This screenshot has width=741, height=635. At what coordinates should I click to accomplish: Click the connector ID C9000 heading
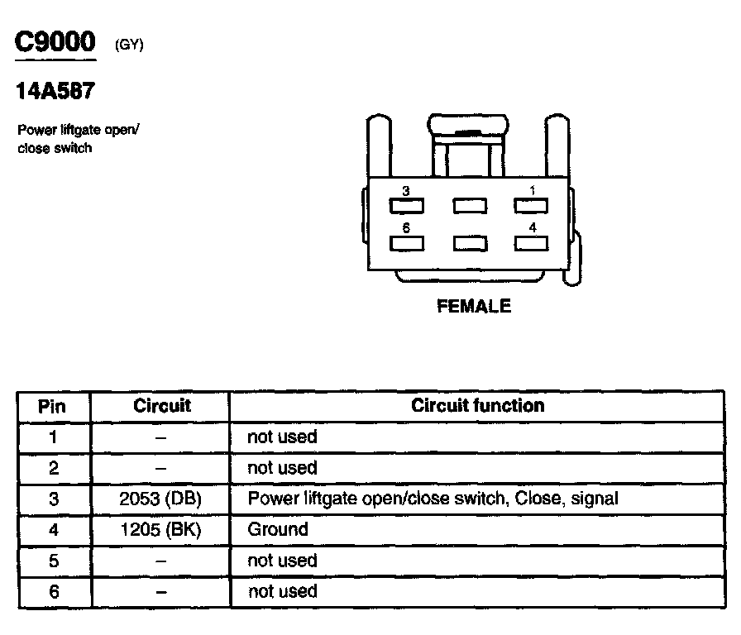(x=55, y=42)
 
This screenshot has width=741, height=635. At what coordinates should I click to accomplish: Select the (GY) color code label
(x=129, y=45)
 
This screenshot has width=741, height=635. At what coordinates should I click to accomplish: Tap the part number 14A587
(x=55, y=91)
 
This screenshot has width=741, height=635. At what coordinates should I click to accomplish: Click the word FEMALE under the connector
(x=474, y=307)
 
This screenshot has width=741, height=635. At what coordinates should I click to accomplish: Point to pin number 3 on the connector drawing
(x=405, y=191)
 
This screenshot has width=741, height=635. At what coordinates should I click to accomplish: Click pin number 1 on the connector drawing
(x=533, y=190)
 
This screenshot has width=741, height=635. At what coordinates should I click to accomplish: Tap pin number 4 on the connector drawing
(x=533, y=227)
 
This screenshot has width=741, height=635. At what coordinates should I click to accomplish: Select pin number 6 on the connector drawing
(x=405, y=227)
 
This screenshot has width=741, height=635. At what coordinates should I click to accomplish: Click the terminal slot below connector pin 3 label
(x=407, y=205)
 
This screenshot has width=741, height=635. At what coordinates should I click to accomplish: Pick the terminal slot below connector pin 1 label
(x=533, y=205)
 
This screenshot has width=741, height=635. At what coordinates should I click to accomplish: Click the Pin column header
(x=53, y=406)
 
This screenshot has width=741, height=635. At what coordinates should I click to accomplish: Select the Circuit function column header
(x=477, y=405)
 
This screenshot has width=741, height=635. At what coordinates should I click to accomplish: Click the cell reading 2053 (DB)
(x=160, y=499)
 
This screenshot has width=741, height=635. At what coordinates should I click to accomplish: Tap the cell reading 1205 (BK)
(x=160, y=529)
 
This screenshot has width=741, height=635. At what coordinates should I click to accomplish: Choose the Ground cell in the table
(x=278, y=529)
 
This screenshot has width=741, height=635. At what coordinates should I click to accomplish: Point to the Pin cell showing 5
(x=54, y=561)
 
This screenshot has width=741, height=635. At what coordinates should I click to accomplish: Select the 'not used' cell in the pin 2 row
(x=282, y=468)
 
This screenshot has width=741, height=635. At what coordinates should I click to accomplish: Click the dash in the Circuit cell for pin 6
(x=160, y=592)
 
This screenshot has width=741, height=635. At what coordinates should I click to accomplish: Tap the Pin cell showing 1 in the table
(x=54, y=437)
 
